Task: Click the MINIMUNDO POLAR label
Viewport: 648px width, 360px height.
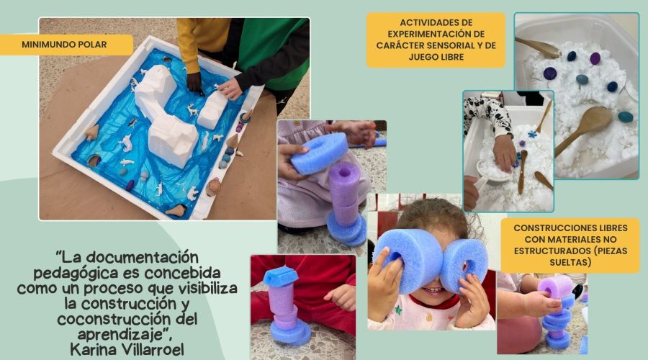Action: click(x=65, y=44)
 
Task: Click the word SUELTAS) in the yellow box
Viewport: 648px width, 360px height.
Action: click(x=570, y=263)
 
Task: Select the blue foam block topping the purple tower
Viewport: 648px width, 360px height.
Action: click(x=280, y=276)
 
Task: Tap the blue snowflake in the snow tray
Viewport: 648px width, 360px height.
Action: click(x=533, y=134)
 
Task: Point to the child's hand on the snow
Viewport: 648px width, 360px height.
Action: click(x=504, y=152)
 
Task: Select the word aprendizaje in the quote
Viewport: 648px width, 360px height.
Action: click(x=122, y=334)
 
